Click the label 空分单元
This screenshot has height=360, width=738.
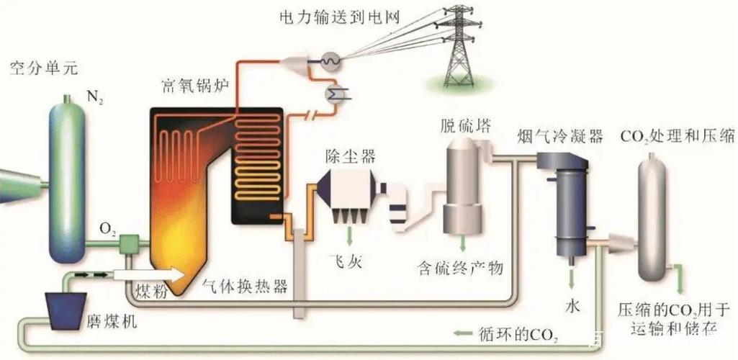point(43,71)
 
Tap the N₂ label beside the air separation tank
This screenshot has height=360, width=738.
point(93,99)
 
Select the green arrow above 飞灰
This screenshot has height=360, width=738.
point(350,236)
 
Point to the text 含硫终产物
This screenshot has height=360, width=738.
point(460,269)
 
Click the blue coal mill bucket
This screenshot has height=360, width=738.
point(66,310)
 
